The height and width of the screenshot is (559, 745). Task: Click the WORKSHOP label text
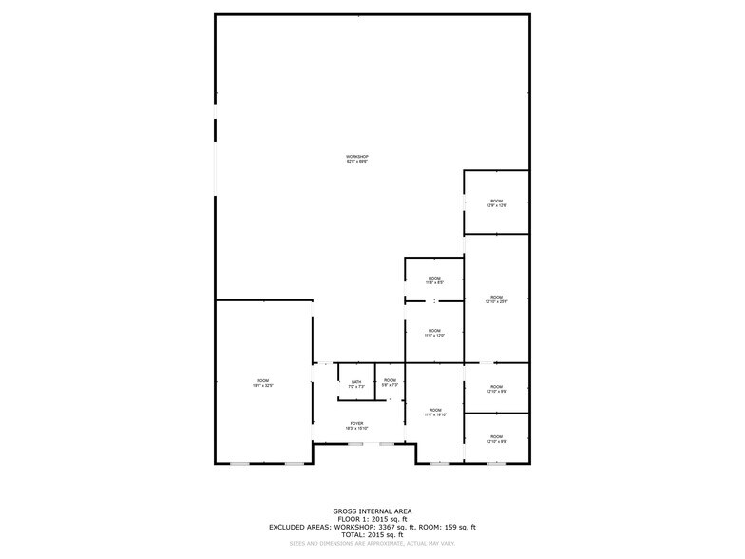click(x=356, y=156)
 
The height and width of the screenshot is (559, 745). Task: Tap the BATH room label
click(x=356, y=382)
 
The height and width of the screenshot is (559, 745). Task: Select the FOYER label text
click(x=356, y=423)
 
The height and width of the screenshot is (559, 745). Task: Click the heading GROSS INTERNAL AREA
click(x=372, y=511)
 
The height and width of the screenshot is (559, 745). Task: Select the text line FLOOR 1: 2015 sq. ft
click(x=372, y=518)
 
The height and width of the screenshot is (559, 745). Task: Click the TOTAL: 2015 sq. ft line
click(x=372, y=534)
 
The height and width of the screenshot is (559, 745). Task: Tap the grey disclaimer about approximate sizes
click(x=372, y=543)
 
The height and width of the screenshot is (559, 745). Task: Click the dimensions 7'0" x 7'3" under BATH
click(x=356, y=387)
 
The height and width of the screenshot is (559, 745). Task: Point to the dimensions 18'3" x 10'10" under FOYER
click(x=356, y=428)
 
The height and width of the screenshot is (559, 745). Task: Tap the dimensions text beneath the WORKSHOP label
click(x=356, y=162)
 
